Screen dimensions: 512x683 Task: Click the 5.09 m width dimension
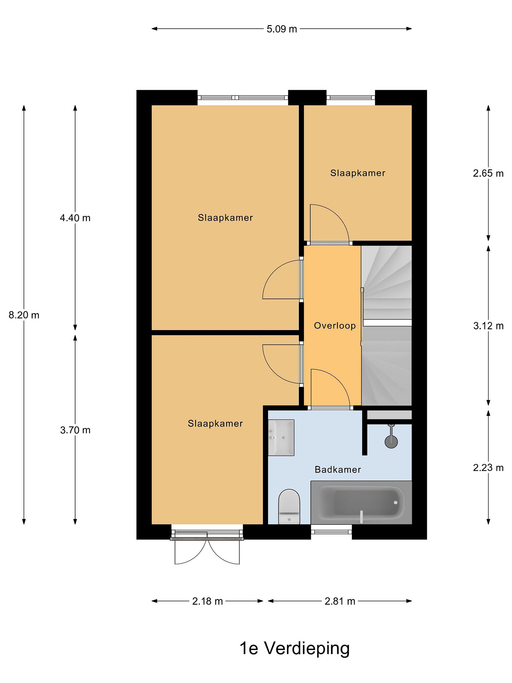coord(281,29)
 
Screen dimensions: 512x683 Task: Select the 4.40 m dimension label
coord(75,218)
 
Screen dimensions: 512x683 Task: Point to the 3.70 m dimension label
coord(75,430)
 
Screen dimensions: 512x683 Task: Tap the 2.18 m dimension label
coord(207,601)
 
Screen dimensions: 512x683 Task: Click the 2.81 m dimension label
coord(340,601)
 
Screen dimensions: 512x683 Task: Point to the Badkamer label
coord(338,470)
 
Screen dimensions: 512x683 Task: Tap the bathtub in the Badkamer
coord(361,502)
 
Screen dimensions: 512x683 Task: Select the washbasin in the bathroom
coord(281,438)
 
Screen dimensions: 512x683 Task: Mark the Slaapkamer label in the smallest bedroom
coord(358,173)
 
